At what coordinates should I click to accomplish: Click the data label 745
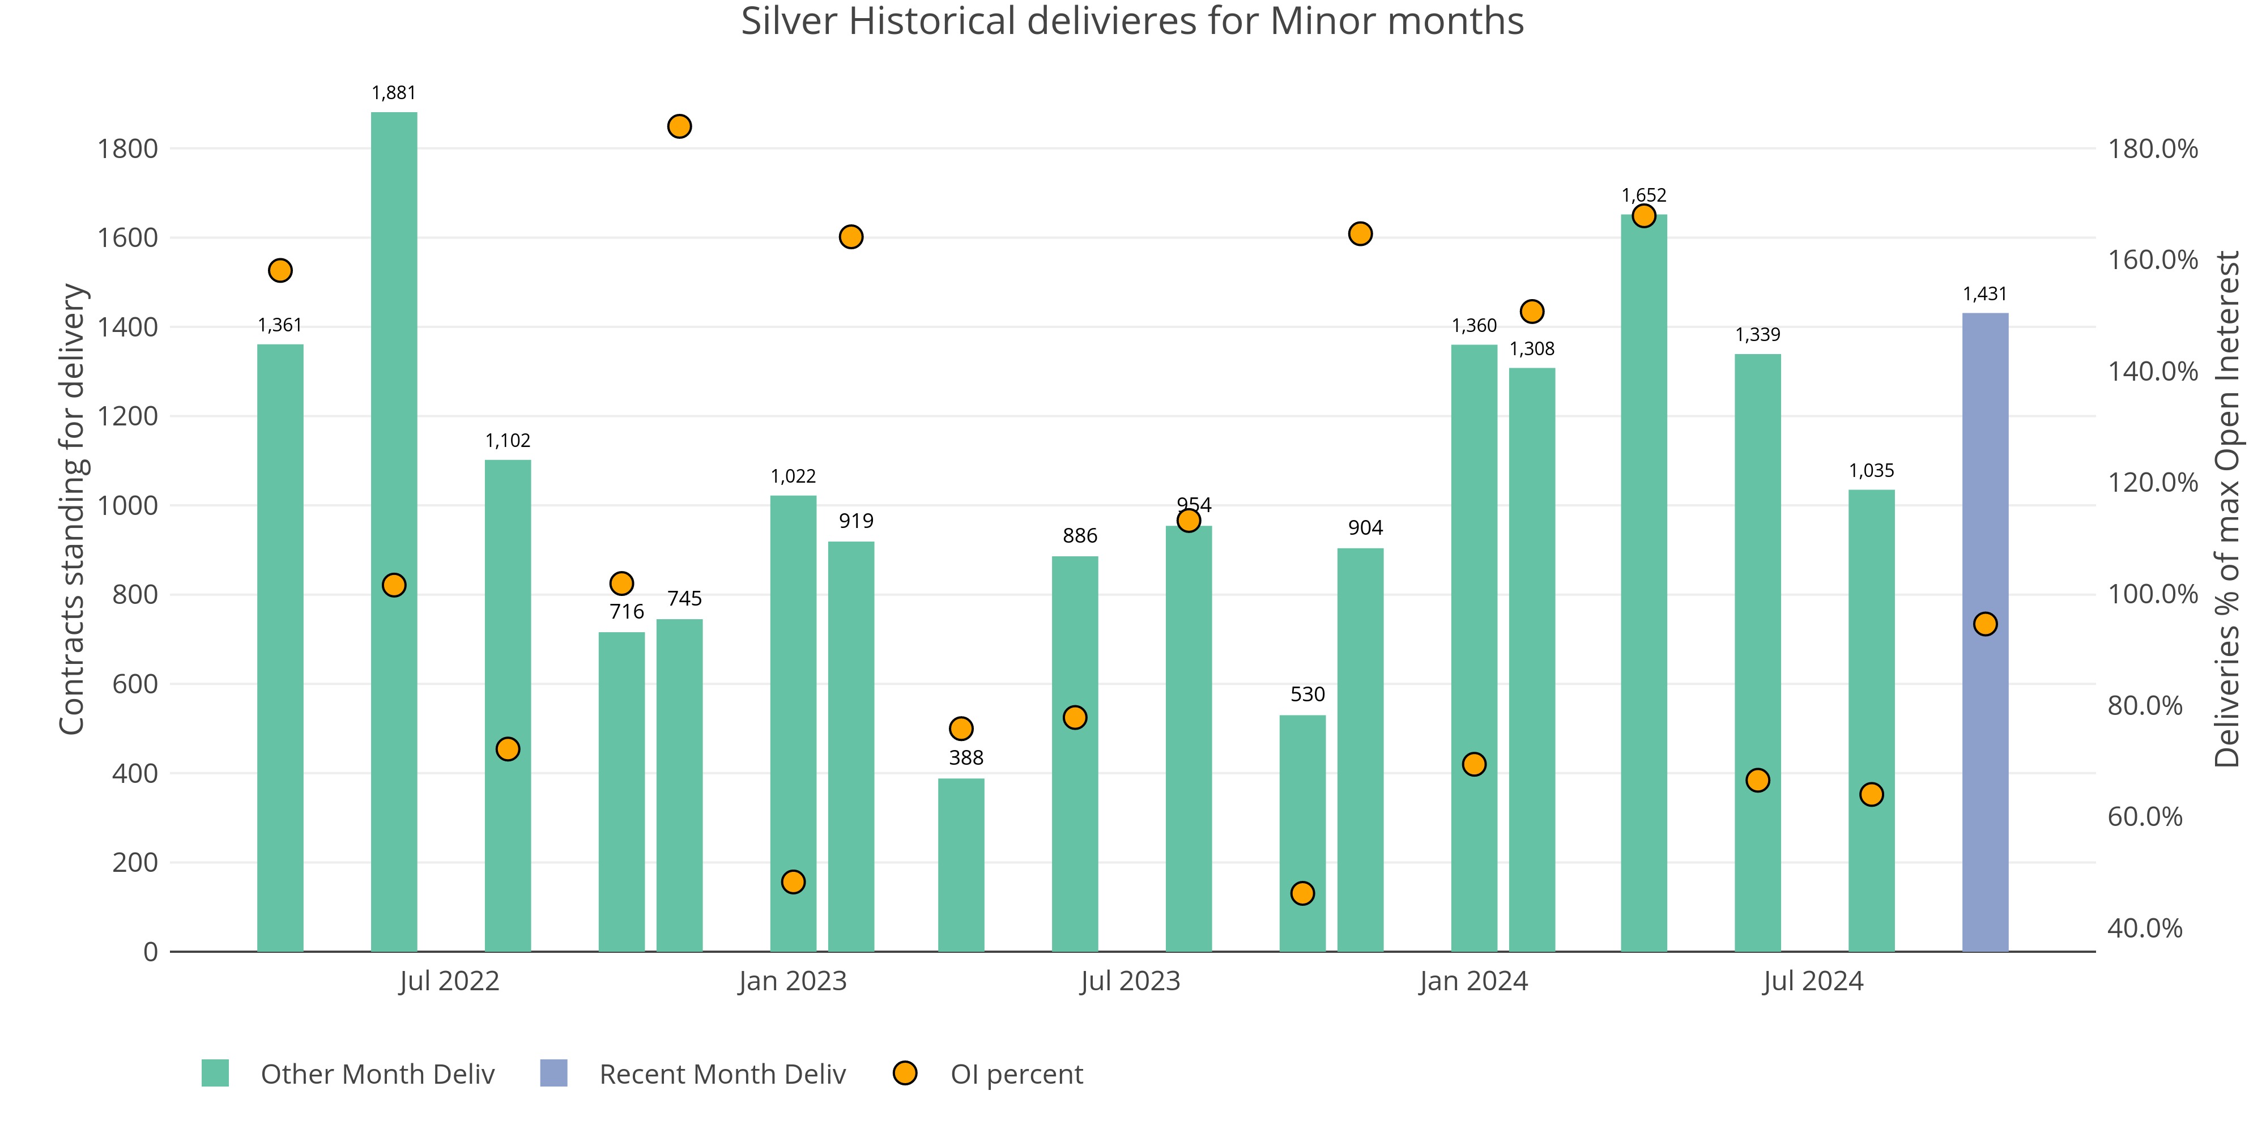point(684,599)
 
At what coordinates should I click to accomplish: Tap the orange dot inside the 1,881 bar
point(394,585)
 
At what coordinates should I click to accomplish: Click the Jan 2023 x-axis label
point(792,981)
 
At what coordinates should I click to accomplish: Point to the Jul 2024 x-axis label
point(1812,981)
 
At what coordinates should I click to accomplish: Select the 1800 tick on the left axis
point(127,148)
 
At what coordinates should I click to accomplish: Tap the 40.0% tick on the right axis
point(2145,928)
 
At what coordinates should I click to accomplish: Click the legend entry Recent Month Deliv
point(721,1074)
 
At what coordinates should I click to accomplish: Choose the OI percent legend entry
point(1016,1074)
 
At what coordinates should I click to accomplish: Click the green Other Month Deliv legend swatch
point(215,1073)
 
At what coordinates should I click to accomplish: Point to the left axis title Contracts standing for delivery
point(72,509)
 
